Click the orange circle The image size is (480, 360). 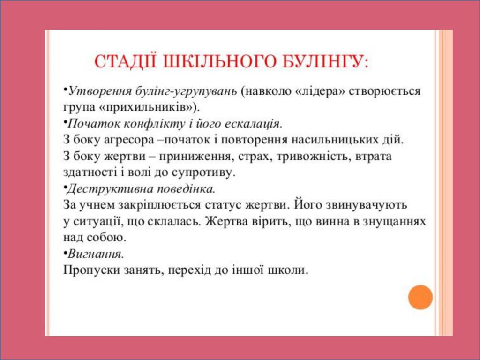click(x=420, y=297)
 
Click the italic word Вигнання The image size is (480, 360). click(x=96, y=254)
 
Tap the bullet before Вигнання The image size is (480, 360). click(x=65, y=253)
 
